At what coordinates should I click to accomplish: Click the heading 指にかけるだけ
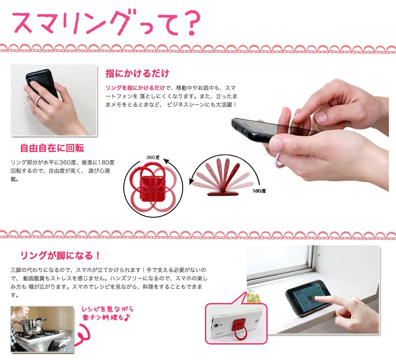pos(137,74)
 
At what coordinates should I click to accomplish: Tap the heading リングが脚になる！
pos(61,255)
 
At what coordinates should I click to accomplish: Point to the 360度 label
pos(153,157)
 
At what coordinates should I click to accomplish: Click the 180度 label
pos(259,191)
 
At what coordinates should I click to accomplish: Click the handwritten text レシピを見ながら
pos(108,309)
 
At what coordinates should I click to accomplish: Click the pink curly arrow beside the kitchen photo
pos(87,334)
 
